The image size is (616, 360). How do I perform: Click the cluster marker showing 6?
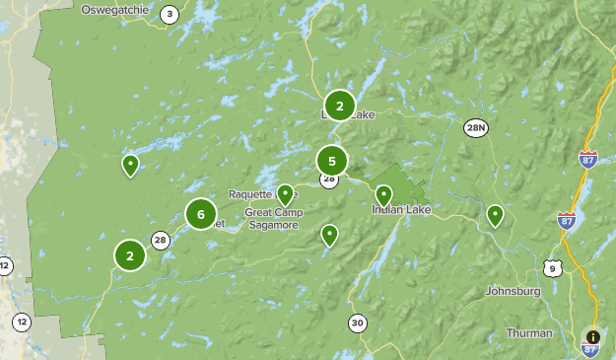pyautogui.click(x=200, y=213)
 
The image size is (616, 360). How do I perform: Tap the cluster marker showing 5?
pyautogui.click(x=332, y=160)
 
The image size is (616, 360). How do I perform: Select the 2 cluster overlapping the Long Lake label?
pyautogui.click(x=339, y=106)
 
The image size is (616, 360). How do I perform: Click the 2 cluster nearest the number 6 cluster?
pyautogui.click(x=129, y=255)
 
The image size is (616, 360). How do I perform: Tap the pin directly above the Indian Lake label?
pyautogui.click(x=384, y=194)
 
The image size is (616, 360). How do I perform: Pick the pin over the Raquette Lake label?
pyautogui.click(x=285, y=193)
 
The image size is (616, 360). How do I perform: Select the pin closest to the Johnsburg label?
pyautogui.click(x=495, y=214)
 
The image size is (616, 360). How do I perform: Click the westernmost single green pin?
pyautogui.click(x=130, y=165)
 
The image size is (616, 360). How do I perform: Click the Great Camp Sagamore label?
pyautogui.click(x=271, y=219)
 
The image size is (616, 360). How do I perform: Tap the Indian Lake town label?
pyautogui.click(x=401, y=210)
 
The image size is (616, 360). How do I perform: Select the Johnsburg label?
pyautogui.click(x=513, y=292)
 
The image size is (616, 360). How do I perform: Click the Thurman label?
pyautogui.click(x=529, y=333)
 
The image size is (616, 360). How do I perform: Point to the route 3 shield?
pyautogui.click(x=170, y=14)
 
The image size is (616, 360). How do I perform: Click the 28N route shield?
pyautogui.click(x=476, y=128)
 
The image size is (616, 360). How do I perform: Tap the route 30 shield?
pyautogui.click(x=357, y=323)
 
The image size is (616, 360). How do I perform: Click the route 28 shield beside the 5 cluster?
pyautogui.click(x=328, y=180)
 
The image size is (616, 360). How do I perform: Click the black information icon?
pyautogui.click(x=592, y=336)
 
